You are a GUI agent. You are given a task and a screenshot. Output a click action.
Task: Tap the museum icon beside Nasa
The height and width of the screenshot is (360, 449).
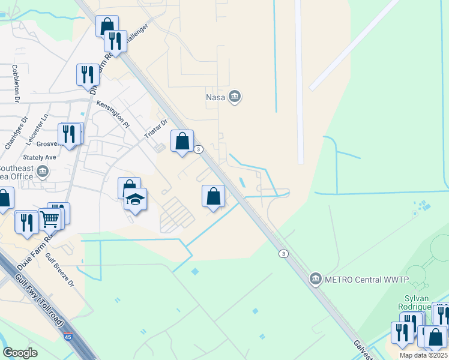(235, 96)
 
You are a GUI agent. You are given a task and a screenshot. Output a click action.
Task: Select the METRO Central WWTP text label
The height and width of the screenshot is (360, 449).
(366, 279)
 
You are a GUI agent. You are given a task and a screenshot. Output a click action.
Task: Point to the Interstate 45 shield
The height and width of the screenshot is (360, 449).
(69, 338)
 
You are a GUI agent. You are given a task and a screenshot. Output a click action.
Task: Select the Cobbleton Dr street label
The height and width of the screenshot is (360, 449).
(16, 83)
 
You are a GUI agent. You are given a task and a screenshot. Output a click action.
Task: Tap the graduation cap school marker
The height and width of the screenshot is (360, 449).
(136, 199)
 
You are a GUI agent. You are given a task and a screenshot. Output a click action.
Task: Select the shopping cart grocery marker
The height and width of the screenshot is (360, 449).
(50, 219)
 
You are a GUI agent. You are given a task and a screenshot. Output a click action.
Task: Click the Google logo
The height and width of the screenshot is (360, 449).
(20, 353)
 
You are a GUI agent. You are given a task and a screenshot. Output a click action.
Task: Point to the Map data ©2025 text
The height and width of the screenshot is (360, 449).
(423, 355)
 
